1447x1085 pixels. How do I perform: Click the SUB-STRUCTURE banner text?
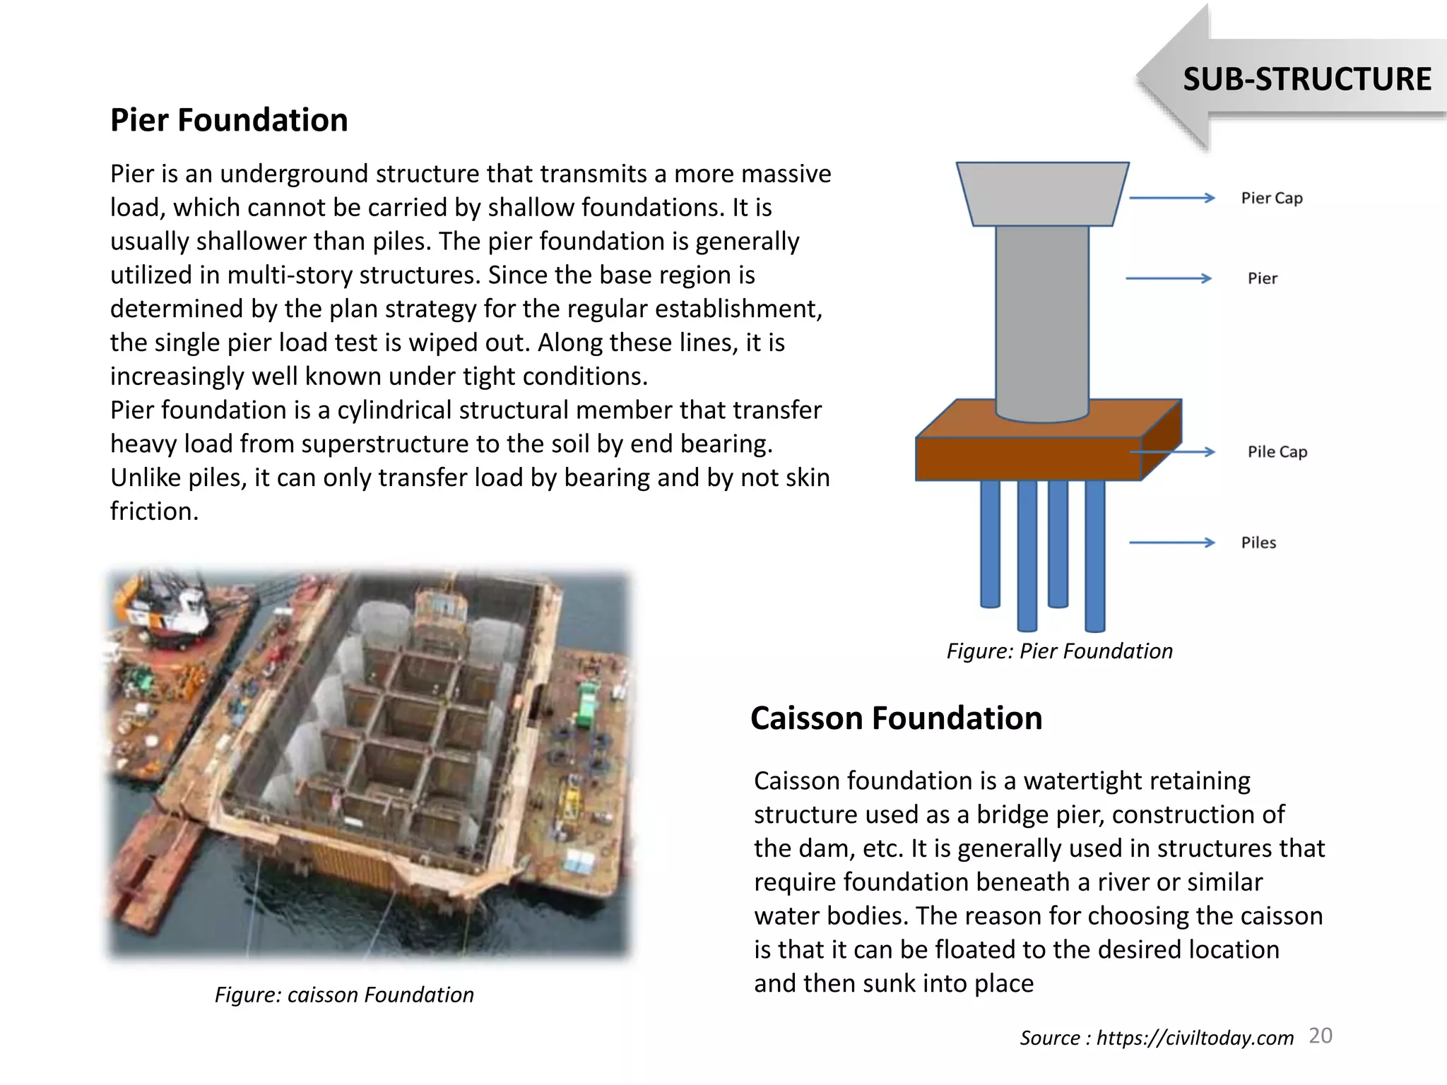[x=1306, y=79]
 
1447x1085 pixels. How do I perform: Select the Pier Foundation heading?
[x=229, y=120]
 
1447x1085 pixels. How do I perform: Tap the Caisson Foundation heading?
[x=896, y=718]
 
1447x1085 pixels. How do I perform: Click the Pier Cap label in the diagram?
[x=1271, y=198]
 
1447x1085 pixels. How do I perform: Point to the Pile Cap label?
[x=1277, y=452]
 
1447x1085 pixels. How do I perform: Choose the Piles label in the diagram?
[x=1258, y=542]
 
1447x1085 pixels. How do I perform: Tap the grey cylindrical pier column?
[x=1042, y=318]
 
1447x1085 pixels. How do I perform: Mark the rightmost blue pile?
[x=1094, y=555]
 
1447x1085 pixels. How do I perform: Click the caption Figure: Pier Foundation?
[x=1059, y=651]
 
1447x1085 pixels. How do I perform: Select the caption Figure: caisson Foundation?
[x=344, y=995]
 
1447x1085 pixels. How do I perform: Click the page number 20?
[x=1320, y=1036]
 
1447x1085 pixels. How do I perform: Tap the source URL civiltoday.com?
[x=1195, y=1038]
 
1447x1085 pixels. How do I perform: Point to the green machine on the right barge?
[x=587, y=702]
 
